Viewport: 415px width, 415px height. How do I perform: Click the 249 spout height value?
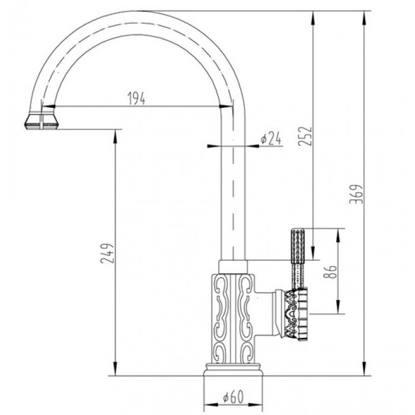pos(106,254)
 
